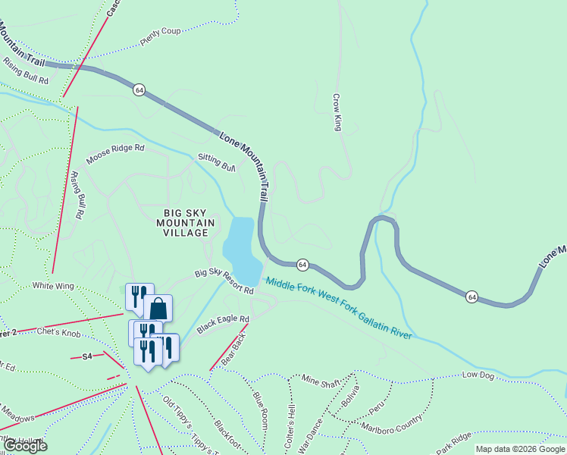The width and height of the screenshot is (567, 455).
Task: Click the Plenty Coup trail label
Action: point(161,37)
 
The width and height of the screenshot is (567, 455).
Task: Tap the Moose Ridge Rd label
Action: point(114,154)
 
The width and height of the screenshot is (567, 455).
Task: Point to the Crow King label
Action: point(337,112)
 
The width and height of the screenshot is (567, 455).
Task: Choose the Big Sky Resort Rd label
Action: point(224,281)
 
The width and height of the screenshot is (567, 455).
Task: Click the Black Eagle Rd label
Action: point(223,325)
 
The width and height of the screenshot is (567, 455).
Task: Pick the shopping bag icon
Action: point(158,309)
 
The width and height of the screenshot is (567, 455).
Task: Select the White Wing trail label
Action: point(52,286)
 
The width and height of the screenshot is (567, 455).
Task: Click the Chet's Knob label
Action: point(58,331)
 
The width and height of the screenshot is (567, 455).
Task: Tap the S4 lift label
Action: point(86,356)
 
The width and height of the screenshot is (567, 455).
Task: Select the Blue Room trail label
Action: point(260,408)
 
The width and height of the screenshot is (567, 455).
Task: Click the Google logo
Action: point(25,445)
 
